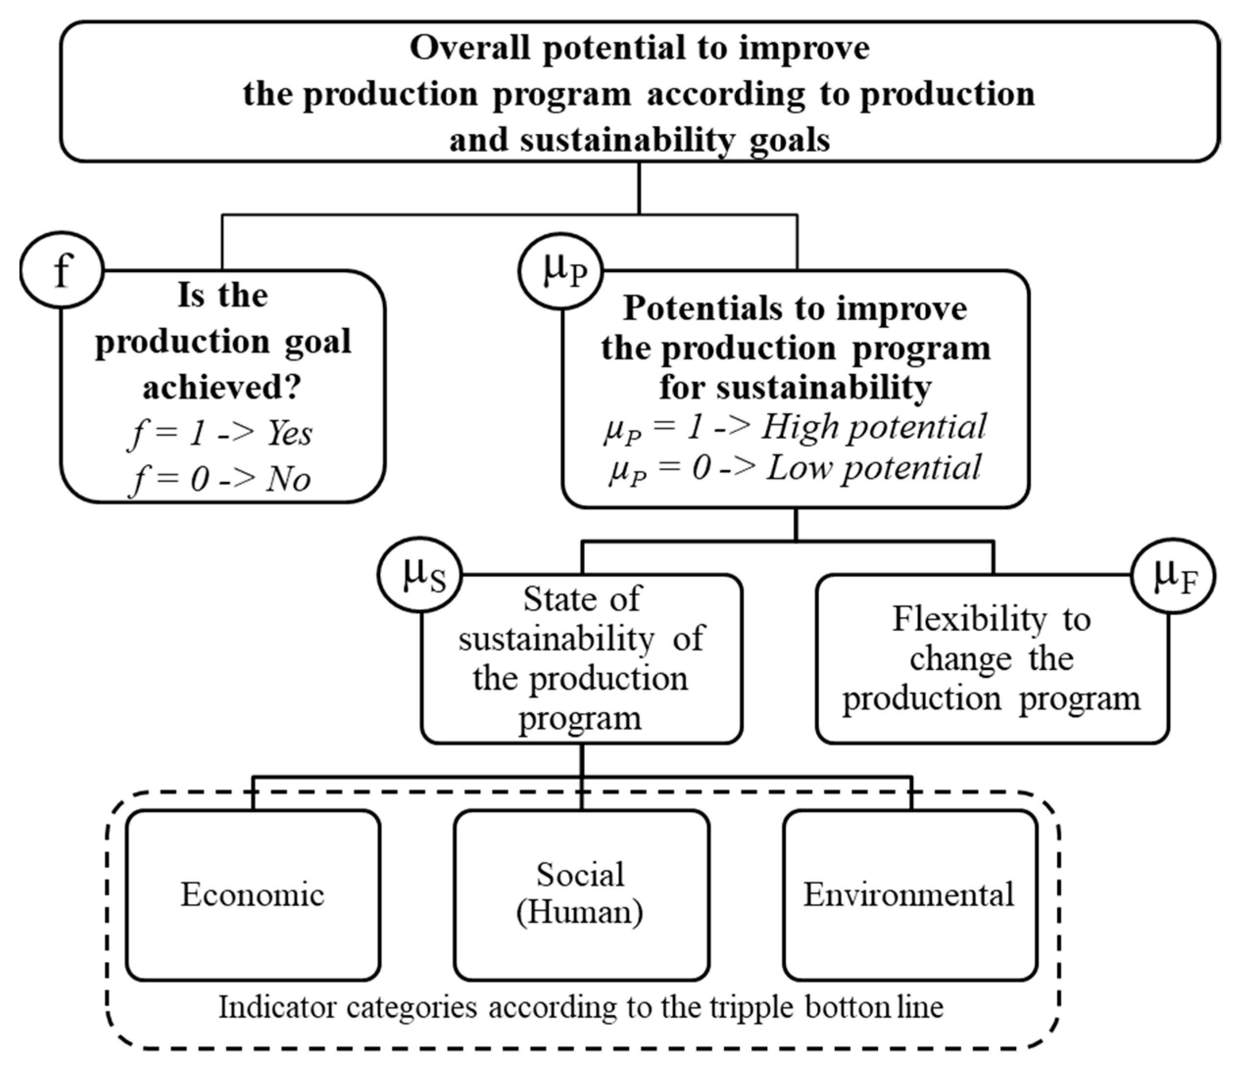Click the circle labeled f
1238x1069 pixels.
[62, 270]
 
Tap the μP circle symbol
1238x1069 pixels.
[560, 271]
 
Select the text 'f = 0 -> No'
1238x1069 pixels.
[220, 479]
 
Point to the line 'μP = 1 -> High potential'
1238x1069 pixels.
[795, 428]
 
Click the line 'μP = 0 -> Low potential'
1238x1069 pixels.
[795, 468]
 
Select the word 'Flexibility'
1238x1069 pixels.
[970, 620]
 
